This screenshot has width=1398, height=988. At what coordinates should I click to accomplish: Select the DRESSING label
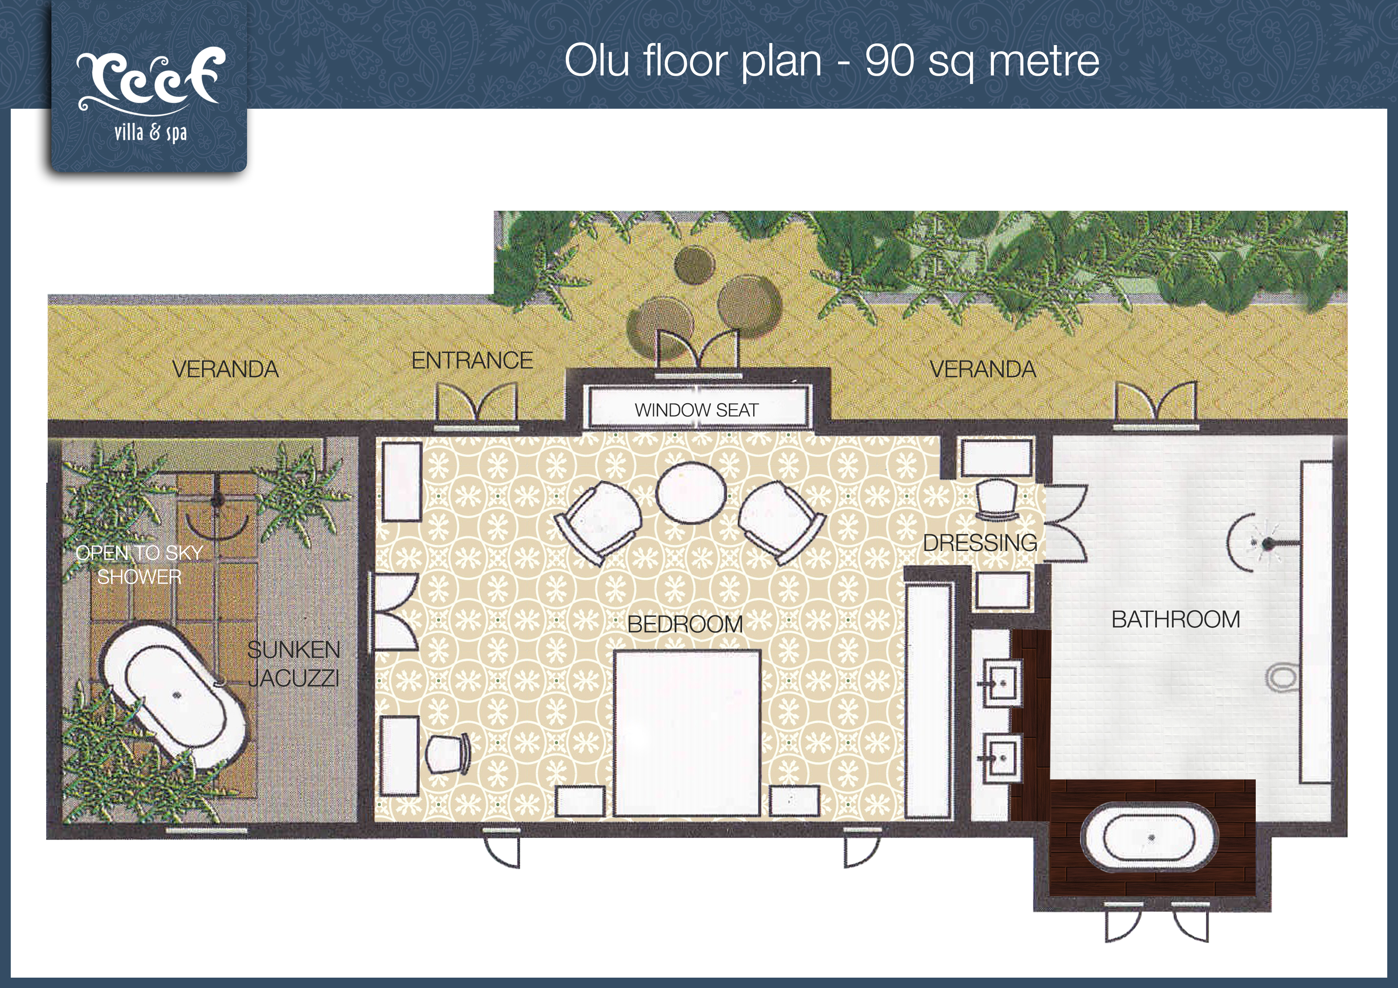pos(980,542)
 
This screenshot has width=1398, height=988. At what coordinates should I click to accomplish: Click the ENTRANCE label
pos(472,361)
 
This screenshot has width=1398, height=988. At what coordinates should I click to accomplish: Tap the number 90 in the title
pos(889,61)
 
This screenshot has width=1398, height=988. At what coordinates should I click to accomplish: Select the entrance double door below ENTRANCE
pos(477,402)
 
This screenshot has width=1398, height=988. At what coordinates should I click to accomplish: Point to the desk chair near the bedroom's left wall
pos(448,753)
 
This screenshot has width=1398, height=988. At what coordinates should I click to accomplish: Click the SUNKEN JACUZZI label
pos(293,664)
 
